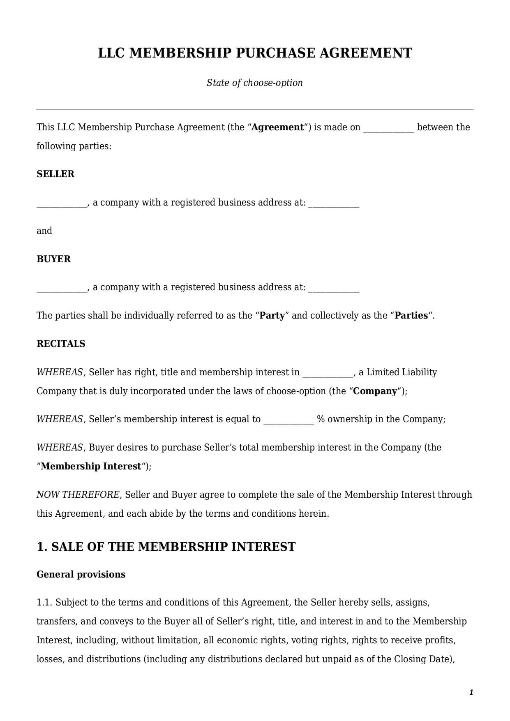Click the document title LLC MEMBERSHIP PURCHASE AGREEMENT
point(255,53)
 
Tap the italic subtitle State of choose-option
point(255,83)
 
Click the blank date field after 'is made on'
point(389,128)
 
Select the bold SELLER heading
point(55,174)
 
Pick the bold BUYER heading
point(53,259)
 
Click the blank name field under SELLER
point(62,203)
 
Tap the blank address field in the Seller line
point(334,203)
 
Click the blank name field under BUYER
point(62,288)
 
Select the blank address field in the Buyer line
point(334,288)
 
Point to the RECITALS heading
point(61,344)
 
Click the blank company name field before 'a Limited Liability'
point(328,373)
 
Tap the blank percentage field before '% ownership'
point(288,420)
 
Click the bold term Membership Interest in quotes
point(91,466)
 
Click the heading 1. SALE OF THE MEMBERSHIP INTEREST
point(166,547)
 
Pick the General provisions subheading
point(81,574)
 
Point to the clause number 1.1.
point(44,603)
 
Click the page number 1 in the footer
point(471,692)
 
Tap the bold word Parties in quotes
point(411,315)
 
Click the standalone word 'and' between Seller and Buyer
point(44,231)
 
